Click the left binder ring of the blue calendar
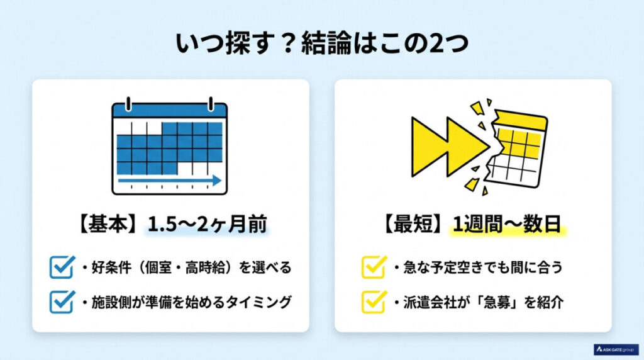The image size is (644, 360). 129,102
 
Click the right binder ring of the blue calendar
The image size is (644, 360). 211,102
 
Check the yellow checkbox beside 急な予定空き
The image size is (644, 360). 373,267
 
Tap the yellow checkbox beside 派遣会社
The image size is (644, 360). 373,301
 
